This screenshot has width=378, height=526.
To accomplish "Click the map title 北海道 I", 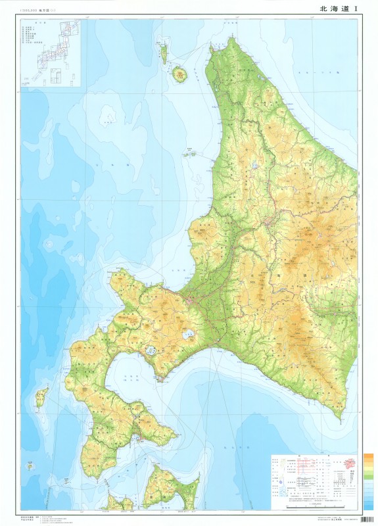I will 339,9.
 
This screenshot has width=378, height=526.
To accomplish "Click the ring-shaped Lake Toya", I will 151,351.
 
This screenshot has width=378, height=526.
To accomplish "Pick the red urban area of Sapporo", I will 190,300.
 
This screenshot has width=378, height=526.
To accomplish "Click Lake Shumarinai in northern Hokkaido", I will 254,166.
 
